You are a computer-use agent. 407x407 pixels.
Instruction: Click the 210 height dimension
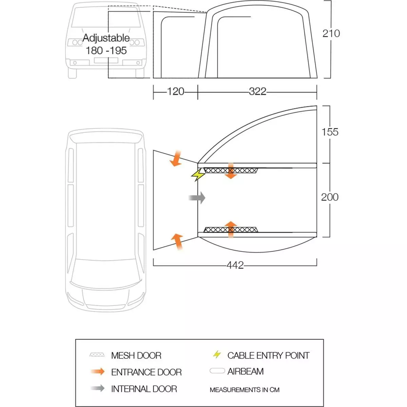pyautogui.click(x=331, y=34)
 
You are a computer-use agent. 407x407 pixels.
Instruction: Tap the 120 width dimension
pyautogui.click(x=175, y=92)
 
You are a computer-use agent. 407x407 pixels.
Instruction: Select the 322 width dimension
pyautogui.click(x=257, y=92)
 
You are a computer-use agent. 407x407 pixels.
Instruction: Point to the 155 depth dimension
pyautogui.click(x=330, y=132)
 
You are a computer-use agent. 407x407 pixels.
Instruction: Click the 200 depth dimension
pyautogui.click(x=330, y=197)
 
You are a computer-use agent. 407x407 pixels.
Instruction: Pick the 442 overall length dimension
pyautogui.click(x=235, y=265)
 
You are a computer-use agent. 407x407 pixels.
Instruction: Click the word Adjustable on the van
pyautogui.click(x=106, y=38)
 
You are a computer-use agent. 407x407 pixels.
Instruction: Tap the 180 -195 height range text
pyautogui.click(x=106, y=51)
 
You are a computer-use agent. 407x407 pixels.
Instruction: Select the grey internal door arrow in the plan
pyautogui.click(x=197, y=198)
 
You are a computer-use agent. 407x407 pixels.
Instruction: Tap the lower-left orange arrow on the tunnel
pyautogui.click(x=177, y=241)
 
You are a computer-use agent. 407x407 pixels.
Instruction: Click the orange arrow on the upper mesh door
pyautogui.click(x=231, y=171)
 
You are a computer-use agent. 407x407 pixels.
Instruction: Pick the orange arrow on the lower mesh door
pyautogui.click(x=231, y=229)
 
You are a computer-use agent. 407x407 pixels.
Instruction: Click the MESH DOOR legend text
pyautogui.click(x=136, y=355)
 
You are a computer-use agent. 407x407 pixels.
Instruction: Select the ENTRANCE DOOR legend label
pyautogui.click(x=146, y=372)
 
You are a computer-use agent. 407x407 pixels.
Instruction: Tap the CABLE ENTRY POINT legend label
pyautogui.click(x=268, y=355)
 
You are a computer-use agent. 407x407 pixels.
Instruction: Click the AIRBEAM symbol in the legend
pyautogui.click(x=217, y=371)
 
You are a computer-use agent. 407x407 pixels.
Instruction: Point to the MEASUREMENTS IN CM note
pyautogui.click(x=245, y=390)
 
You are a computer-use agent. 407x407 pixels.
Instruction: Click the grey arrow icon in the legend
pyautogui.click(x=98, y=388)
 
